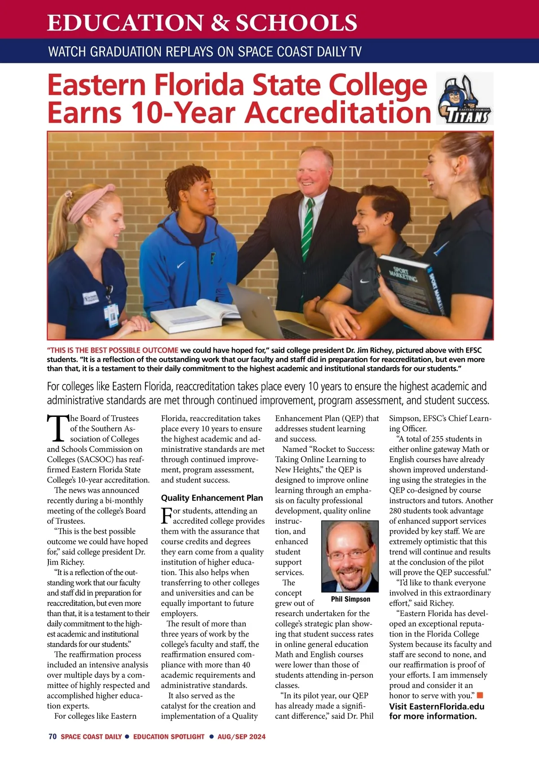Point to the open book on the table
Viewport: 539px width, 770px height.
coord(195,314)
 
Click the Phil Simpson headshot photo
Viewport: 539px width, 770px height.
coord(350,556)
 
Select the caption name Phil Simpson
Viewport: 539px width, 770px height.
coord(350,599)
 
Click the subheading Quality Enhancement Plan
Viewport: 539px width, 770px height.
coord(212,498)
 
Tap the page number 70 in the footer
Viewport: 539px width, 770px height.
coord(52,736)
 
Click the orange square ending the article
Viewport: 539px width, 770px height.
coord(480,695)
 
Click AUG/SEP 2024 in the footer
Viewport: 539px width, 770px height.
coord(241,736)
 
